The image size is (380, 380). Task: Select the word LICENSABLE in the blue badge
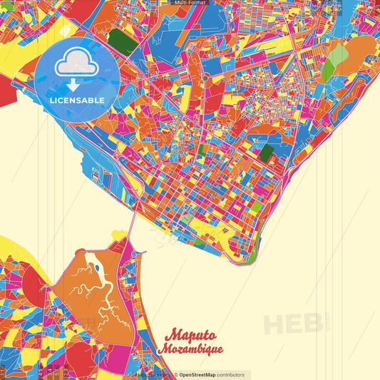pyautogui.click(x=77, y=100)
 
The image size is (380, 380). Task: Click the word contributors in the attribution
pyautogui.click(x=230, y=375)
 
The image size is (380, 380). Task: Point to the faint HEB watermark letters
pyautogui.click(x=292, y=322)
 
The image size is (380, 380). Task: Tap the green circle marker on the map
pyautogui.click(x=205, y=77)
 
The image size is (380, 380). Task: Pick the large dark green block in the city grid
pyautogui.click(x=266, y=152)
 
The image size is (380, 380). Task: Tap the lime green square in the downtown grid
pyautogui.click(x=255, y=207)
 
